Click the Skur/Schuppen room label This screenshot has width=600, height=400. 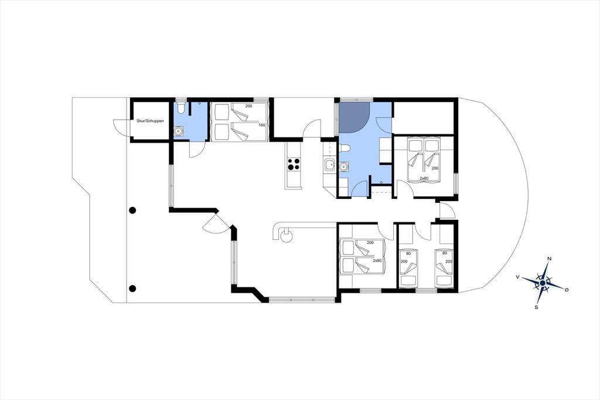(x=150, y=121)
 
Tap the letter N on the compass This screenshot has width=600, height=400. (x=550, y=259)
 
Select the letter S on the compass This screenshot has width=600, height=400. (x=537, y=307)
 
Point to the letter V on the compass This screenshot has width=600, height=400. (x=518, y=276)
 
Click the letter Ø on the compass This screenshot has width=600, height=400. (x=567, y=290)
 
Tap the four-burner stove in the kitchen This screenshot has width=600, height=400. (x=294, y=164)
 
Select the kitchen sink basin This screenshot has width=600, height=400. (x=329, y=165)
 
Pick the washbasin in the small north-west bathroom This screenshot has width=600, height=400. (x=178, y=131)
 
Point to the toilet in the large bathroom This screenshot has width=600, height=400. (x=344, y=148)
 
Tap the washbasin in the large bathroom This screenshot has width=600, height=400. (x=344, y=167)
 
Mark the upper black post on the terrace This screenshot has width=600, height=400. (x=132, y=210)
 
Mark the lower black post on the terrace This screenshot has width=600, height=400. (x=132, y=289)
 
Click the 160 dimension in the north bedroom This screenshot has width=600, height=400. (x=262, y=125)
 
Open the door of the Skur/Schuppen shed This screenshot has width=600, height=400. (x=121, y=127)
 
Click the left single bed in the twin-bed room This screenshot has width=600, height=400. (x=408, y=268)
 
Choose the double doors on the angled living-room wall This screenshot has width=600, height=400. (x=216, y=223)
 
